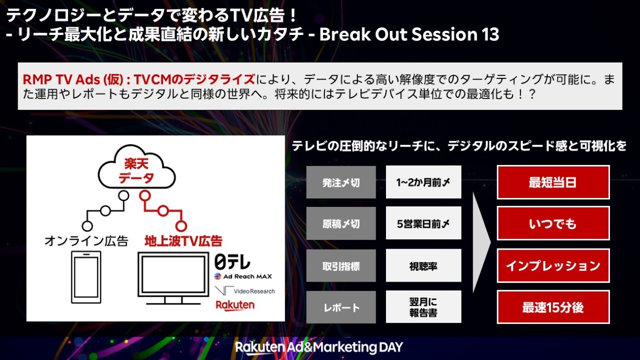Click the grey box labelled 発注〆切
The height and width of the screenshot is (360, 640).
341,182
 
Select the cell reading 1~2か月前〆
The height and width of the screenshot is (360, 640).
423,182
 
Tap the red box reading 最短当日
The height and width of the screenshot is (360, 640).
553,182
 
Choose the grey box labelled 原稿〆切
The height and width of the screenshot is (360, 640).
341,224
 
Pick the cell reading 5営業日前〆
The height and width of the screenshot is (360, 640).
423,223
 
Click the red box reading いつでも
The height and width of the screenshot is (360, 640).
553,224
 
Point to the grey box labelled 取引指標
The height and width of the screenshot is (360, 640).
341,266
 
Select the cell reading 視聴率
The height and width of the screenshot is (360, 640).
423,265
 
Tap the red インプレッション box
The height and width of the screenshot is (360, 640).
553,266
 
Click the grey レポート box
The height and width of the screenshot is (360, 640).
341,307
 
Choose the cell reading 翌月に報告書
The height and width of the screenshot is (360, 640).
423,307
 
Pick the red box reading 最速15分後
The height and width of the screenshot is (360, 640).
553,307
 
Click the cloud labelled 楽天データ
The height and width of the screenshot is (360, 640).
136,167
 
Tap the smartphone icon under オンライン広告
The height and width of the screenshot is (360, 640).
86,277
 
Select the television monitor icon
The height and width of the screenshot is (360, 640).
173,278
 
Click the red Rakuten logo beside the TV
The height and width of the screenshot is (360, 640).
235,305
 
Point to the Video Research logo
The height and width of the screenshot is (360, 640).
245,291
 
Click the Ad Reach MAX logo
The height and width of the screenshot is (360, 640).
243,276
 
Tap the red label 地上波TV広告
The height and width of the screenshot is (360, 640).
183,241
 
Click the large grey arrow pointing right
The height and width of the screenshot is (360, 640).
481,243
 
